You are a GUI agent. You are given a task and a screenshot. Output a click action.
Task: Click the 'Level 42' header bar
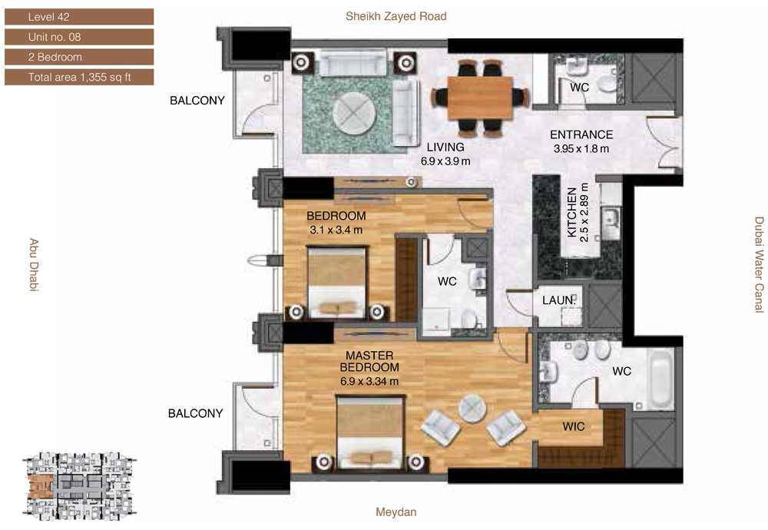pos(79,17)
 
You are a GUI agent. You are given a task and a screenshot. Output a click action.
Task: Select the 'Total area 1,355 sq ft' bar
pos(79,77)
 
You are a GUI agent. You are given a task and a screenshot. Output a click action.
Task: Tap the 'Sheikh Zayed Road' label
pos(396,16)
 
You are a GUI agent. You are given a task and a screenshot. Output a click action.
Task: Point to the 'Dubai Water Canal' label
pos(759,264)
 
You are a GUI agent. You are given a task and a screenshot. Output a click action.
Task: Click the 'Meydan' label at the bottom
pos(396,512)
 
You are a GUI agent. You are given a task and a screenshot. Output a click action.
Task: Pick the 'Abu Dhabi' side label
pos(33,265)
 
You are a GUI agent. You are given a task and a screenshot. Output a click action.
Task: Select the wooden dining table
pos(480,98)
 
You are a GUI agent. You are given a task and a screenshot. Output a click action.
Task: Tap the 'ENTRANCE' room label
pos(581,134)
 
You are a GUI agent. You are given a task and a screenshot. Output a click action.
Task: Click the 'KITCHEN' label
pos(571,213)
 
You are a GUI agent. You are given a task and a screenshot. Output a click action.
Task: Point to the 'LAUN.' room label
pos(559,300)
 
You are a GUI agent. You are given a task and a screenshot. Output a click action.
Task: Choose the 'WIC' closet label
pos(574,426)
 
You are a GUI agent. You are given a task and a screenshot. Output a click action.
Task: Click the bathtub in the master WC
pos(660,379)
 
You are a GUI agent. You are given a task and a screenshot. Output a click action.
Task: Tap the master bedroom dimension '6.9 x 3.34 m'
pos(369,381)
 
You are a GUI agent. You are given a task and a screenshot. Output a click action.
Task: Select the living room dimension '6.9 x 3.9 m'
pos(445,161)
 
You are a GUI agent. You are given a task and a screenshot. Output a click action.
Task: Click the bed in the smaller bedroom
pos(337,283)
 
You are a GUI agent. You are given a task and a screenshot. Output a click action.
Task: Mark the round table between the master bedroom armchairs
pos(472,408)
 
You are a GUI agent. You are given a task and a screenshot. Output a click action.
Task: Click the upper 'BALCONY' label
pos(197,101)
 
